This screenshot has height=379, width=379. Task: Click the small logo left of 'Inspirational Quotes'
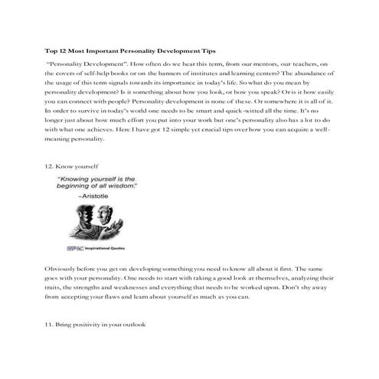click(x=70, y=248)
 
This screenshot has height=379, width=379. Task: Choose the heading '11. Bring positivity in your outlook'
click(x=96, y=325)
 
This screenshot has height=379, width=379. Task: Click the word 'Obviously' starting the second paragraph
click(x=60, y=270)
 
